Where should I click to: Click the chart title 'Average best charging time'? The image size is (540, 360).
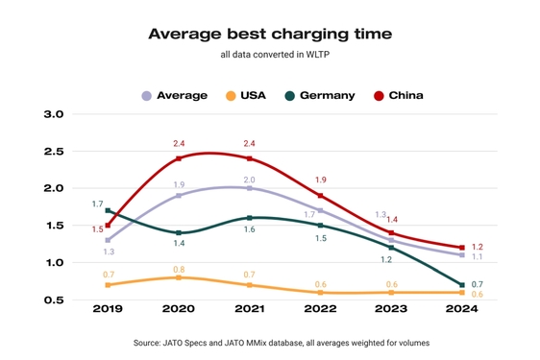270,34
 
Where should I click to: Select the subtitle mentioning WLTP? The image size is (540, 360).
270,57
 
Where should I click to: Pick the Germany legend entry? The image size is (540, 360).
321,95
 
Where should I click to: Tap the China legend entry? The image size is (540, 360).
398,95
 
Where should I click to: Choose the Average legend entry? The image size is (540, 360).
175,95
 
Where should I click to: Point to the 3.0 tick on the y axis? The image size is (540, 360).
54,114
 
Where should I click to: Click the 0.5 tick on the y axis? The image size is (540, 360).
54,300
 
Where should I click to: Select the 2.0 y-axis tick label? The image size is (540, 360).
54,188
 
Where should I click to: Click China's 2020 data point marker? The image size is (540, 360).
179,158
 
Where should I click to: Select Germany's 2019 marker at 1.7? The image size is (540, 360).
108,210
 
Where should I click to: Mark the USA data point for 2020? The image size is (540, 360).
179,277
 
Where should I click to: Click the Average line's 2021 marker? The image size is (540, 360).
249,188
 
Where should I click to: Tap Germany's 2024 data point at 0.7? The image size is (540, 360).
461,285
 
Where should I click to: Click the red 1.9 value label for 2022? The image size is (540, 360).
320,180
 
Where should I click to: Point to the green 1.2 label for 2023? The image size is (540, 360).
386,259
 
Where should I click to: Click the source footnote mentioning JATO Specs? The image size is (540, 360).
270,342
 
